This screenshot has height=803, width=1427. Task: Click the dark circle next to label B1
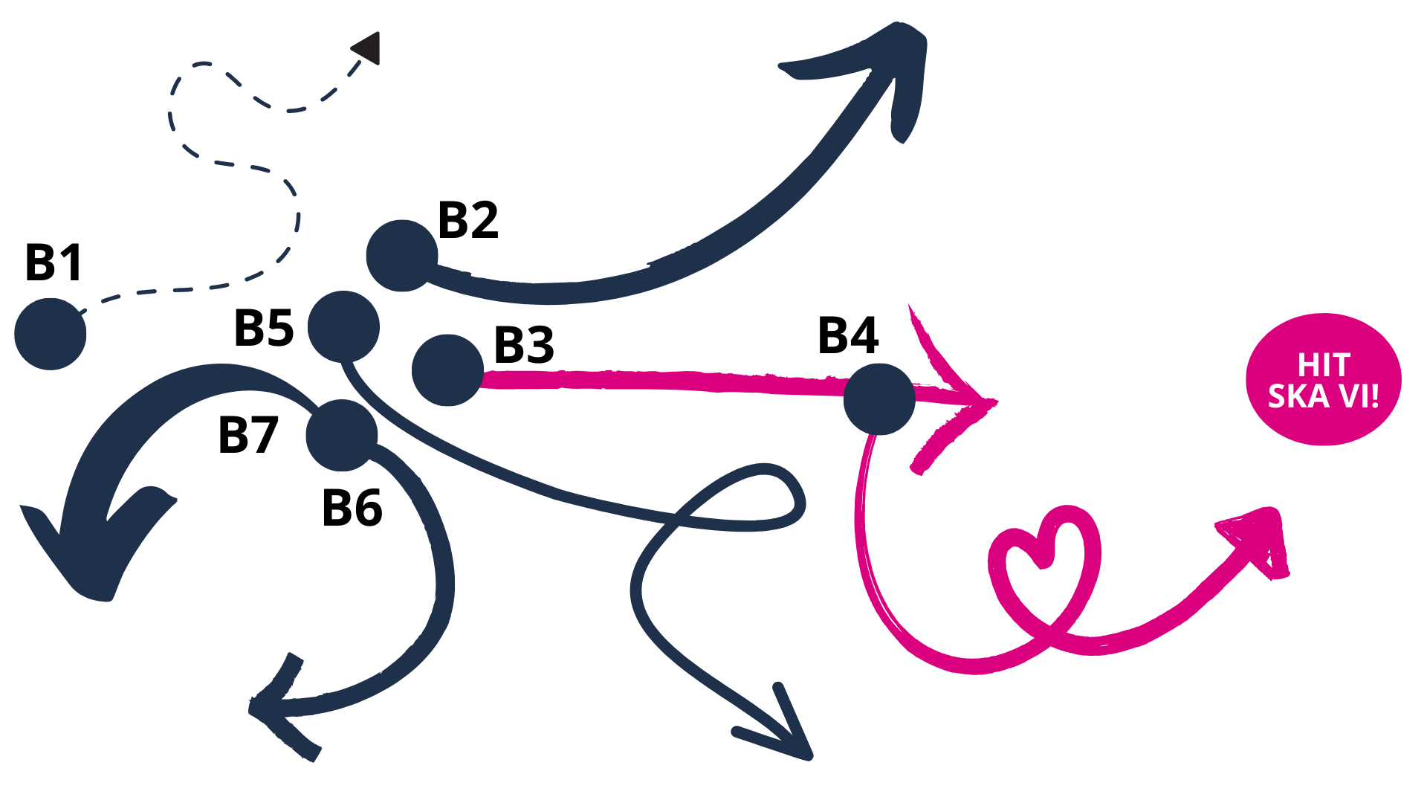tap(51, 334)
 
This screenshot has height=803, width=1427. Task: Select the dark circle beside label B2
tap(401, 256)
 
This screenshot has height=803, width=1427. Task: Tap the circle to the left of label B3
tap(447, 370)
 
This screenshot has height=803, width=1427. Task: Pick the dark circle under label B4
tap(879, 399)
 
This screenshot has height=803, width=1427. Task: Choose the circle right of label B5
tap(343, 326)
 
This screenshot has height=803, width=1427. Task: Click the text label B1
tap(54, 262)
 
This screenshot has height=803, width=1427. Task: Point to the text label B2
tap(468, 220)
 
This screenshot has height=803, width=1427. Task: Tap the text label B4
tap(848, 335)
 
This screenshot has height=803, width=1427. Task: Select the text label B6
tap(352, 509)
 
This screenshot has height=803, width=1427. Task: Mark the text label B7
tap(248, 435)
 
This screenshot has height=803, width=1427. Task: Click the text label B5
tap(264, 328)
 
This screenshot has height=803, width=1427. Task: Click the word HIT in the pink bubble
tap(1324, 365)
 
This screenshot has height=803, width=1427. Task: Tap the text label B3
tap(524, 345)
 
